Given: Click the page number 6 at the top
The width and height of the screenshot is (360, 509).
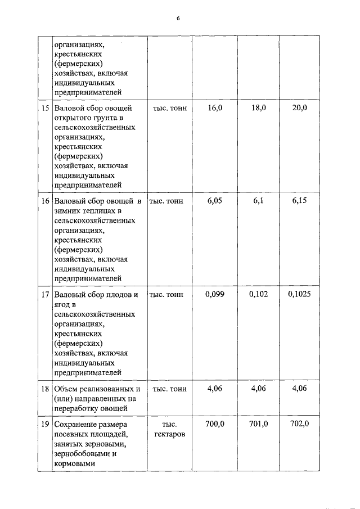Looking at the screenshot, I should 178,19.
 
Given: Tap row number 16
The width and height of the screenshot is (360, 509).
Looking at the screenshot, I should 45,201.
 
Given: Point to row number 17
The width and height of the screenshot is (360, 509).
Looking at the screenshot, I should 45,294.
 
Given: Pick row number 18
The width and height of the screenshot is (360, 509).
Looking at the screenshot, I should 45,388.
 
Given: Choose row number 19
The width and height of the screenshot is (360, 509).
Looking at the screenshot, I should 45,424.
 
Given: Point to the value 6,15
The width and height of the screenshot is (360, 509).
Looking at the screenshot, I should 300,201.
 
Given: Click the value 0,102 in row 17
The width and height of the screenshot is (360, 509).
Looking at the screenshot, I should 258,294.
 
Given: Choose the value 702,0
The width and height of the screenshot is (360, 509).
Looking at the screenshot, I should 300,424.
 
